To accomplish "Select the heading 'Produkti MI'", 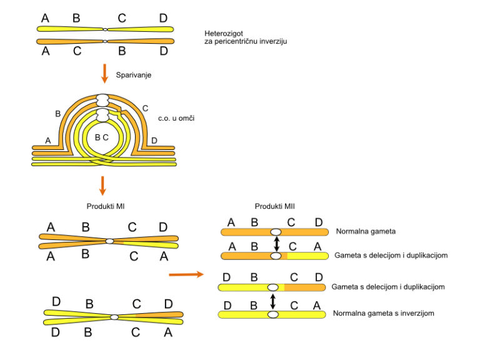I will (106, 207).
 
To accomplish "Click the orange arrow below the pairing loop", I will (104, 185).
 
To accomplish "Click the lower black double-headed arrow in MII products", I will (273, 301).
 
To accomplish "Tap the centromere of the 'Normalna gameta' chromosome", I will (276, 231).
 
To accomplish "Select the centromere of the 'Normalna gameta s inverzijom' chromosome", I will (273, 314).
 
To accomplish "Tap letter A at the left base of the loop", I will (48, 141).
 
